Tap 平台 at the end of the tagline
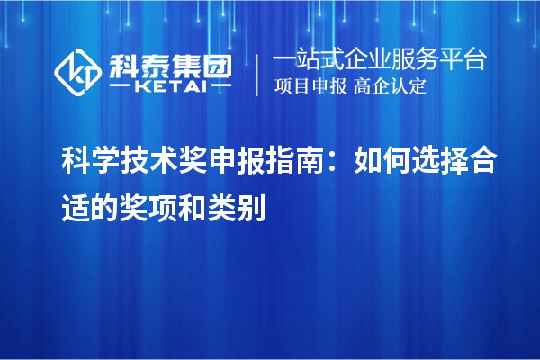(x=468, y=60)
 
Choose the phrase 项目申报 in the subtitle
(x=307, y=87)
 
